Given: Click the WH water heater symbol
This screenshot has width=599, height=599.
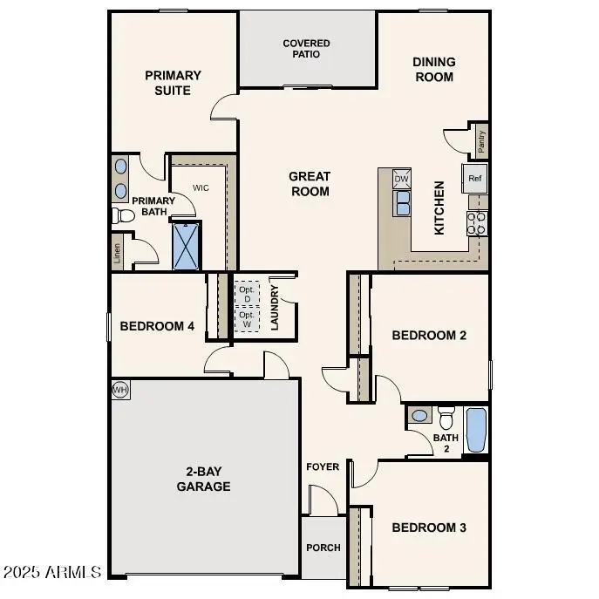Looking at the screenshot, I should [x=120, y=390].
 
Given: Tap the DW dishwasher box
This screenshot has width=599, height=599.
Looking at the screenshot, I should [x=401, y=179].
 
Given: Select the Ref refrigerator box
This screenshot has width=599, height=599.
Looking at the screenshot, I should [x=475, y=178].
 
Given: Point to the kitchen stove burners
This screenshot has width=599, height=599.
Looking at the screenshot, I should [x=476, y=223].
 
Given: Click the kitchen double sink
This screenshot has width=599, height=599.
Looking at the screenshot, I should [x=403, y=203].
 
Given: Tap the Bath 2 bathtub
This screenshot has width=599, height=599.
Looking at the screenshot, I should [x=476, y=430].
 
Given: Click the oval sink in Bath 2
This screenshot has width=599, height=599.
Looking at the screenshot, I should [x=419, y=416].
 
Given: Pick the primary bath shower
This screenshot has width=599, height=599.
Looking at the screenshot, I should [x=186, y=246].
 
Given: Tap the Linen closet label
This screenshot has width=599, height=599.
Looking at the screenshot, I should [x=118, y=253].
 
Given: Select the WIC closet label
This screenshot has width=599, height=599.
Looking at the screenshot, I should [x=201, y=187].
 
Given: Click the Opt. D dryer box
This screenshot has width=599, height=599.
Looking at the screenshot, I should [x=247, y=294].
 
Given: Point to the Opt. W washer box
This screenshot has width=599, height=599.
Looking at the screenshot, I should [x=247, y=320].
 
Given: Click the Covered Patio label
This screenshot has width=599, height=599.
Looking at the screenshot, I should [x=307, y=48].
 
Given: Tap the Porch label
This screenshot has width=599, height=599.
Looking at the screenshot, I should [x=323, y=548].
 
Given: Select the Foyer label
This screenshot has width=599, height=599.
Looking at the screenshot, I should [x=323, y=466].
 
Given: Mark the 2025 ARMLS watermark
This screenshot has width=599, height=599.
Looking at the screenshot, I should [x=52, y=572].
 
